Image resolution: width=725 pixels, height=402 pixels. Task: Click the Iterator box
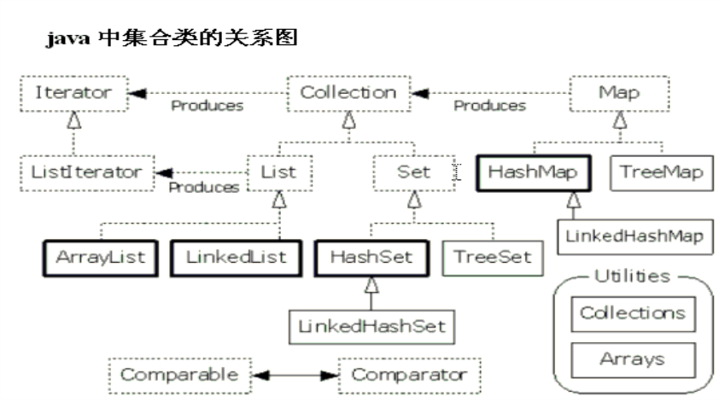pos(73,92)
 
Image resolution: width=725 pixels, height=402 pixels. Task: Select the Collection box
pos(348,92)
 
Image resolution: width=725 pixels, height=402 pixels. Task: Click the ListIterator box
pos(85,172)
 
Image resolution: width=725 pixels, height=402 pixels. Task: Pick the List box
pos(279,172)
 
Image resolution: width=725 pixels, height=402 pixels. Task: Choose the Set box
pos(413,172)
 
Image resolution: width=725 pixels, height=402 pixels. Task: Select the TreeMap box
pos(662,172)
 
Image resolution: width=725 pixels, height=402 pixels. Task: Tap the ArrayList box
pos(102,256)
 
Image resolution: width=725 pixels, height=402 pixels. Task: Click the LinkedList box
pos(235,256)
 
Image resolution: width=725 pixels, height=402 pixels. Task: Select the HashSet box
pos(371,256)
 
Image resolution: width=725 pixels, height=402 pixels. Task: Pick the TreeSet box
pos(493,256)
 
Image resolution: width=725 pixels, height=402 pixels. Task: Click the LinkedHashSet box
pos(371,325)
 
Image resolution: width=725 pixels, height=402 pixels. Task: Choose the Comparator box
pos(410,374)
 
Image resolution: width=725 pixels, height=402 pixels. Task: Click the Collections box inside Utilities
pos(633,313)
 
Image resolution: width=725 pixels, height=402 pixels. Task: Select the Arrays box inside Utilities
pos(633,358)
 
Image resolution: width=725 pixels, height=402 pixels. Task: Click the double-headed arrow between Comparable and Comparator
pos(294,374)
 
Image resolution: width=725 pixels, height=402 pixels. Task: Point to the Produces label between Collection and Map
pos(489,107)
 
